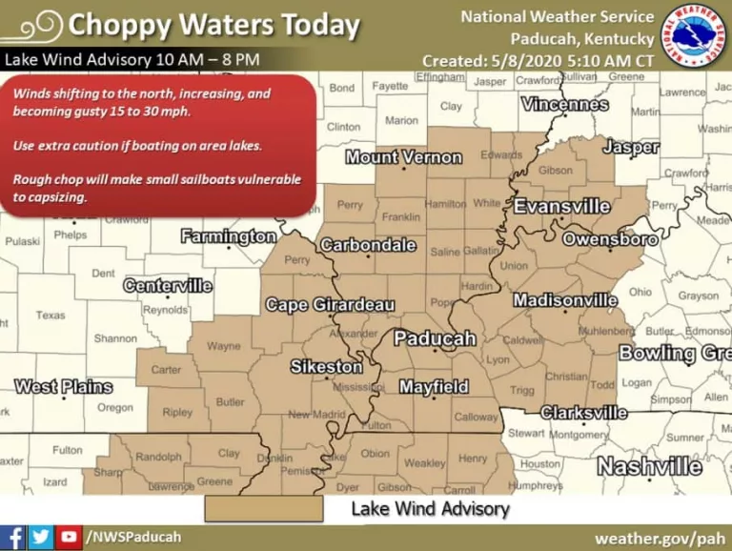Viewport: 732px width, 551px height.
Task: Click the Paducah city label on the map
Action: coord(435,338)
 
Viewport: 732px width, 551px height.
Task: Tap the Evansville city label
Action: coord(562,207)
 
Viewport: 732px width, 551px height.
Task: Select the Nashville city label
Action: coord(649,466)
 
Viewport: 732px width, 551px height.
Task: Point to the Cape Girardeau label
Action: coord(330,305)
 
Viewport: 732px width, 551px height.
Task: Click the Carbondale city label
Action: coord(368,245)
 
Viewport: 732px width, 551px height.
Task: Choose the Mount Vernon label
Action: coord(403,157)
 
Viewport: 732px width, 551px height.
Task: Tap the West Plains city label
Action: coord(63,387)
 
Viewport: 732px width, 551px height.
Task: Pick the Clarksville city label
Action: coord(583,413)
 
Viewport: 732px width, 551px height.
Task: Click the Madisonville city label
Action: coord(565,300)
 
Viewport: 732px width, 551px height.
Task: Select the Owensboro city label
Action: coord(610,239)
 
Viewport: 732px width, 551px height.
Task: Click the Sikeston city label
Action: coord(326,367)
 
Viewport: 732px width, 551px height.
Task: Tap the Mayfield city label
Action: coord(434,387)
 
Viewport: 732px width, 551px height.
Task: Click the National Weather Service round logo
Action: coord(694,38)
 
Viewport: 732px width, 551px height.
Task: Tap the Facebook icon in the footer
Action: coord(13,537)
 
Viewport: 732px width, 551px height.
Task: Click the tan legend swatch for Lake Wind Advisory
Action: coord(264,509)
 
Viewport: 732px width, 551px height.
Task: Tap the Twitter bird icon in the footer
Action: coord(41,537)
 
